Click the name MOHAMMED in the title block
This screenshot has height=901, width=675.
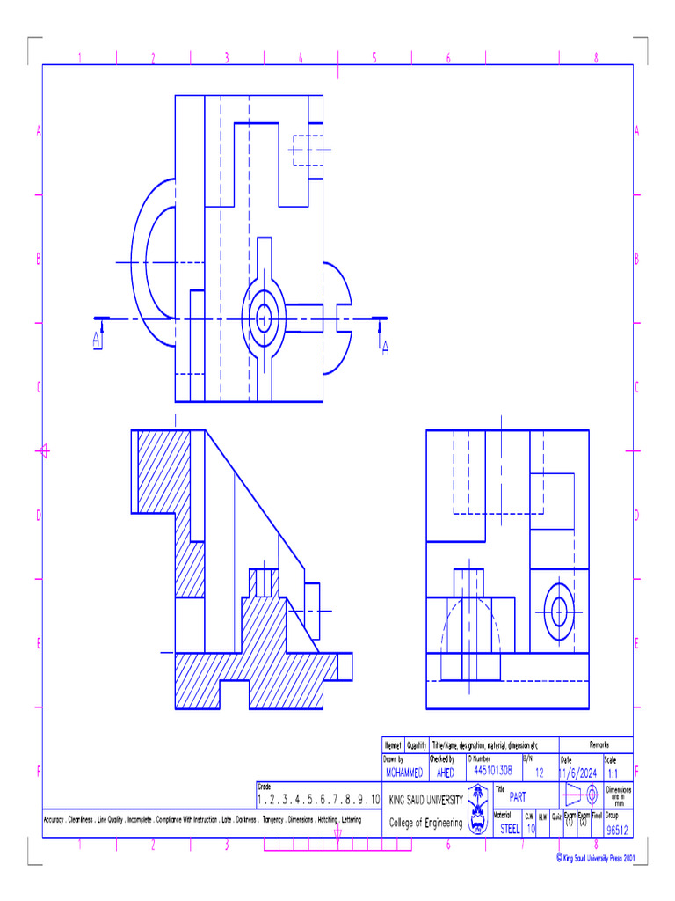(x=404, y=773)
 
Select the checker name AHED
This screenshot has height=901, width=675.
(x=446, y=773)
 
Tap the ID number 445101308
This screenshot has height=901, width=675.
(x=492, y=770)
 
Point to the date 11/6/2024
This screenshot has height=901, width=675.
(x=578, y=773)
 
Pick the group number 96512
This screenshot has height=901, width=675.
(x=618, y=830)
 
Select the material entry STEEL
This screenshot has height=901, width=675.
(x=510, y=828)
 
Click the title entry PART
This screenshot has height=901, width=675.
(x=518, y=797)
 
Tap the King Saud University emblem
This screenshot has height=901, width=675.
(x=479, y=809)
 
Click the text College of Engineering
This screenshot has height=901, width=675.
(x=426, y=824)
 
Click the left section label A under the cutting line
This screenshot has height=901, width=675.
(x=98, y=343)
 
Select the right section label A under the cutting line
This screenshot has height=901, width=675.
(x=384, y=348)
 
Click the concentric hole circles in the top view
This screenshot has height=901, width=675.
(x=263, y=318)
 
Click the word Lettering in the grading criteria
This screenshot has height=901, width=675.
(x=351, y=820)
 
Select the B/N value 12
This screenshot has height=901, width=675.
(x=539, y=773)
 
